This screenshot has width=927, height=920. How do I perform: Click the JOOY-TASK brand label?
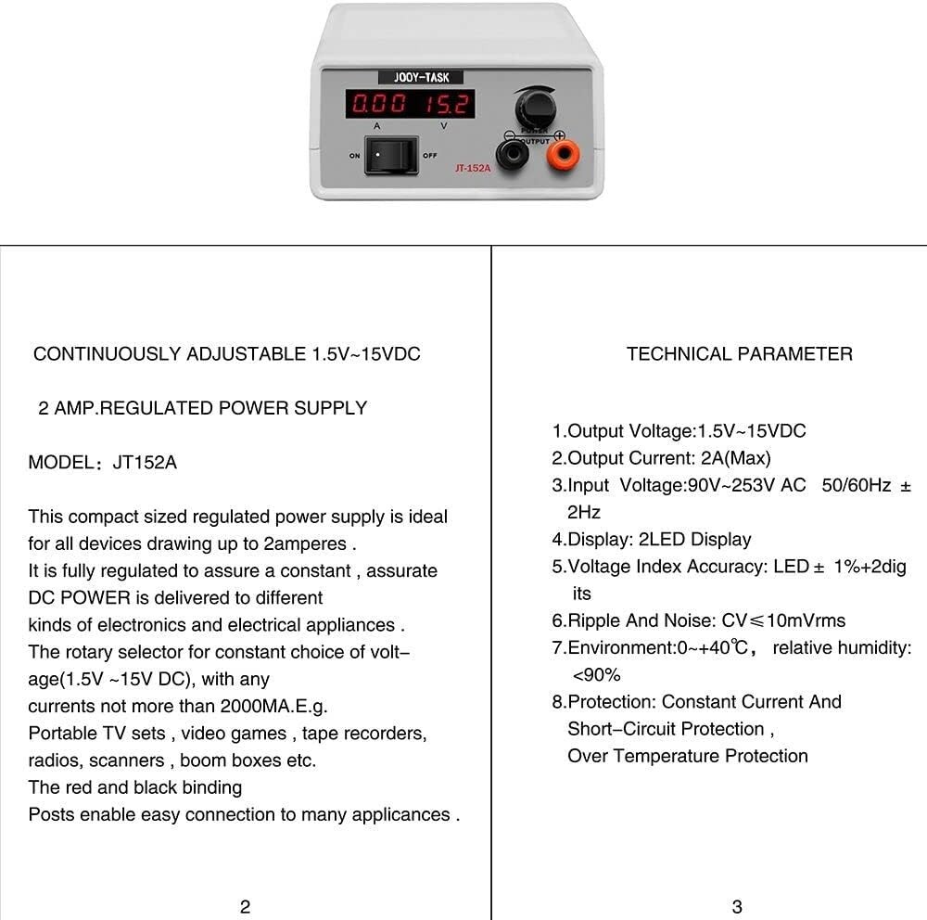(x=422, y=78)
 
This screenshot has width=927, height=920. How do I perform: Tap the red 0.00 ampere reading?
(x=377, y=104)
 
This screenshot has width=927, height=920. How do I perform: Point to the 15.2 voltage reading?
(x=447, y=104)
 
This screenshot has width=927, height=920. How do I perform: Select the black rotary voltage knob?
(x=535, y=109)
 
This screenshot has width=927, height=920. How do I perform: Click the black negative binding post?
(x=512, y=152)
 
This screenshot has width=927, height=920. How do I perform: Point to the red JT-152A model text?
(x=473, y=168)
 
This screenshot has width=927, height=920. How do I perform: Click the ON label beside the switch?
(x=354, y=156)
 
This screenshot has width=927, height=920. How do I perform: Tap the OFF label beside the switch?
(x=429, y=156)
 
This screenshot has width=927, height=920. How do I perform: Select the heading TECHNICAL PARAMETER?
(x=739, y=353)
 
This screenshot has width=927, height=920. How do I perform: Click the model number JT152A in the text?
(x=145, y=462)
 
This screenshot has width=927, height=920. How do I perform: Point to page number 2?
(x=245, y=907)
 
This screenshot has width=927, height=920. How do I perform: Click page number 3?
(x=737, y=907)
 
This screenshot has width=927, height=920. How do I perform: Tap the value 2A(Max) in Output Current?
(x=735, y=458)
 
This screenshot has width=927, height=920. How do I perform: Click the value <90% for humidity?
(x=596, y=674)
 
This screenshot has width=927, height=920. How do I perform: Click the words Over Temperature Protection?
(x=687, y=756)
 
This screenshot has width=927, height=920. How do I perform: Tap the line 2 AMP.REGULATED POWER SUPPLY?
(x=202, y=408)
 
